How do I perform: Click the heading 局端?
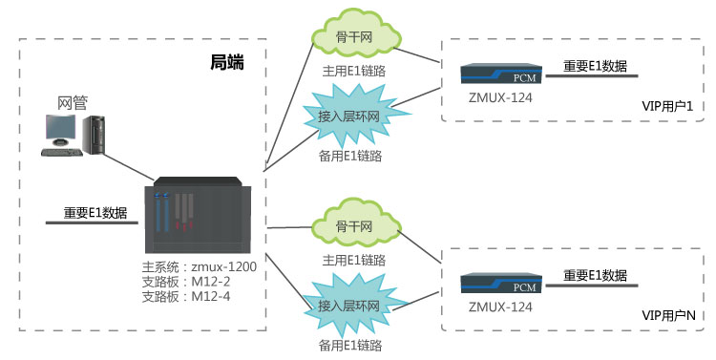tap(226, 64)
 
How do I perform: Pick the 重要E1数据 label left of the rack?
tap(95, 213)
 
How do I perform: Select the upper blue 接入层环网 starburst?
tap(348, 116)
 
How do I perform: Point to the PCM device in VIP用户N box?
tap(500, 283)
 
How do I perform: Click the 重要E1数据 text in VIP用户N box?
tap(595, 275)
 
